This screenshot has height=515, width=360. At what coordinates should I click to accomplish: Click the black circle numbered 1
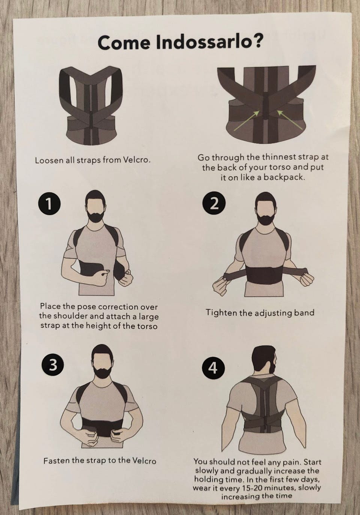click(x=49, y=203)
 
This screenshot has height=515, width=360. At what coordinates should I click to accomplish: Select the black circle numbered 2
click(x=214, y=204)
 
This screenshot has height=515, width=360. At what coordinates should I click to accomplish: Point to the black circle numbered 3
click(x=52, y=365)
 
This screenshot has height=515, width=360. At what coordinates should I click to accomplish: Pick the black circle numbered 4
click(x=213, y=368)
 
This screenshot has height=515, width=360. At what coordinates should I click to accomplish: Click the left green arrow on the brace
click(x=246, y=121)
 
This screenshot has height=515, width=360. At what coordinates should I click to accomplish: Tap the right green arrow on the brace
click(x=291, y=119)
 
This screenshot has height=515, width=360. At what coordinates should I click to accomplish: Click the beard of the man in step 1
click(x=96, y=216)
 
